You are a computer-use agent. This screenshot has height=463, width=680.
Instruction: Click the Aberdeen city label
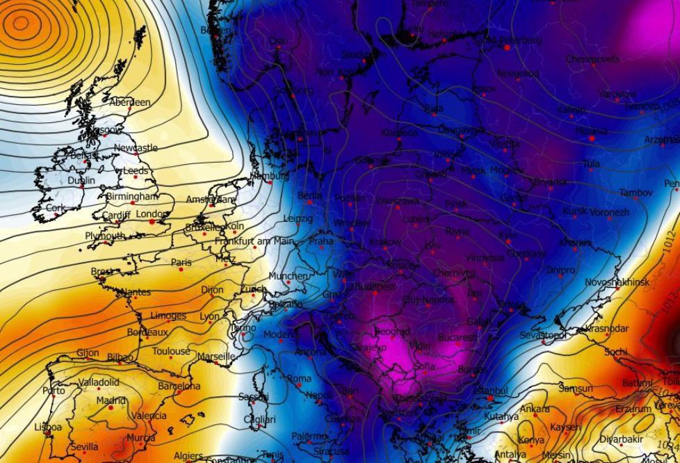[x=129, y=102]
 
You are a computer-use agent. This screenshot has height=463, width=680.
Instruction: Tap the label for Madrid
[x=111, y=400]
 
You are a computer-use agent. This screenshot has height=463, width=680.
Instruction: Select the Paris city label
[x=181, y=262]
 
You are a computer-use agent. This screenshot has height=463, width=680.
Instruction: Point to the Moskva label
[x=592, y=130]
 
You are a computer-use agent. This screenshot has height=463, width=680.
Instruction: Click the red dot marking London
[x=152, y=222]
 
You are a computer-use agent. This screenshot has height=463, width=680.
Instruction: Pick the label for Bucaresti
[x=457, y=337]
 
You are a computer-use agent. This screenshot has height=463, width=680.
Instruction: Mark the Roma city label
[x=299, y=378]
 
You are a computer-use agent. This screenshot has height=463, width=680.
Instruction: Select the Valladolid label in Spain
[x=99, y=382]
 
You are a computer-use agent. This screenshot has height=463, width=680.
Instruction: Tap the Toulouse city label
[x=171, y=351]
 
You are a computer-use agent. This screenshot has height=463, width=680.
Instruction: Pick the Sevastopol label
[x=543, y=335]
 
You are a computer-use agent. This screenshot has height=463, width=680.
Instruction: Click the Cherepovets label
[x=592, y=59]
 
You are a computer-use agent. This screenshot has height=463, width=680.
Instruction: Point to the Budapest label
[x=375, y=286]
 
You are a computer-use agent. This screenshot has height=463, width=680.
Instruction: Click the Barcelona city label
[x=179, y=386]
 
